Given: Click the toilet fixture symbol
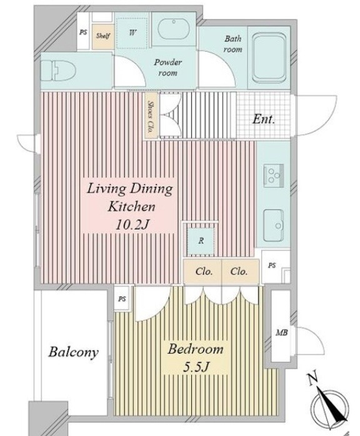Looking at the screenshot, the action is [x=58, y=71].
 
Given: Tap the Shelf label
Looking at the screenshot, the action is [x=103, y=36].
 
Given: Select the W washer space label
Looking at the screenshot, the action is [x=132, y=32].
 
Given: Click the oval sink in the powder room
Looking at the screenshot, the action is [x=174, y=29].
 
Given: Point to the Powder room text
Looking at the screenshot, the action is [x=167, y=67].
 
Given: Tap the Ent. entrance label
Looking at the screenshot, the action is [x=264, y=119].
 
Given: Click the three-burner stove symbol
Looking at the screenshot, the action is [x=274, y=176].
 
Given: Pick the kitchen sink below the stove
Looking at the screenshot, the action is [x=274, y=225].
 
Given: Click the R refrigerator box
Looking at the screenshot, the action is [x=201, y=240].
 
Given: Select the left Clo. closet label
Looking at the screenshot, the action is [x=204, y=271].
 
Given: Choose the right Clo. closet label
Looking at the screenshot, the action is [x=239, y=271].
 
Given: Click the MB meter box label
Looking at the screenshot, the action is [x=281, y=332].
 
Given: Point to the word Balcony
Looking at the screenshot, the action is [x=74, y=352].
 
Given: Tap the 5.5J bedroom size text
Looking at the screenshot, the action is [x=196, y=367].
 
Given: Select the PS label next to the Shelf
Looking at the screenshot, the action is [x=83, y=32].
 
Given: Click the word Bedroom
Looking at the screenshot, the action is [x=195, y=349].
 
